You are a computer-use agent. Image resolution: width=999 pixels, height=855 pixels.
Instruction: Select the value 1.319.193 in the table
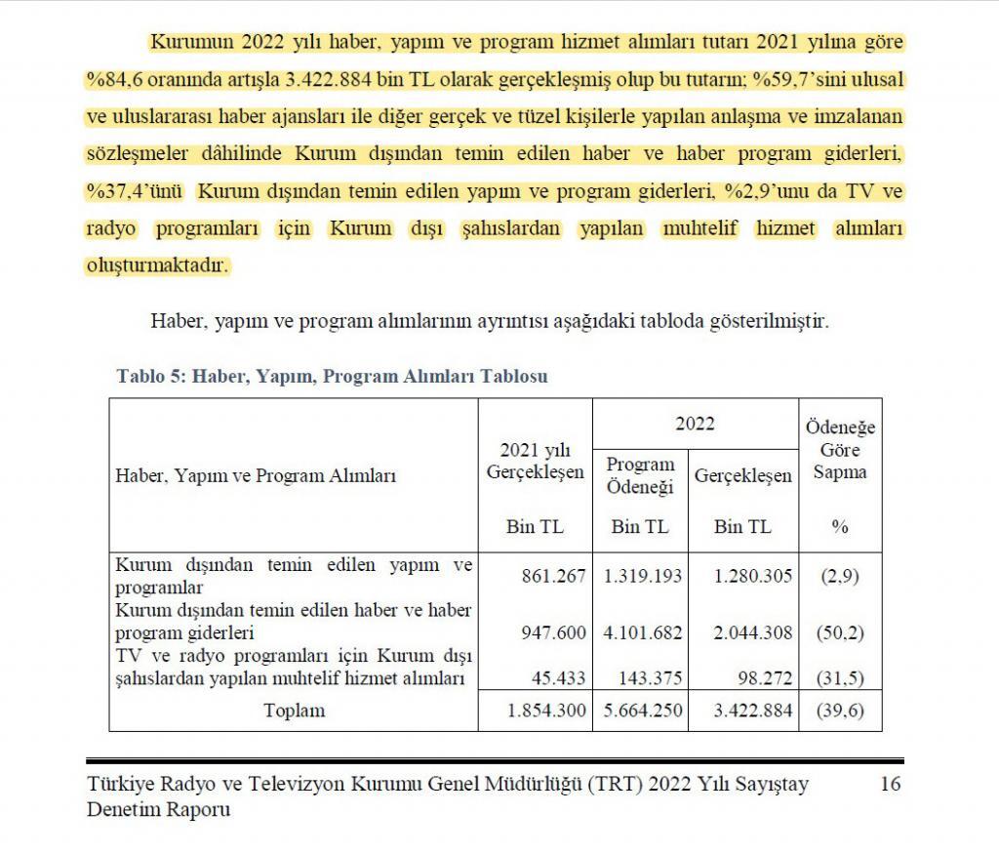(x=641, y=576)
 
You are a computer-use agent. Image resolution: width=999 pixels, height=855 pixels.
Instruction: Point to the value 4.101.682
(x=641, y=632)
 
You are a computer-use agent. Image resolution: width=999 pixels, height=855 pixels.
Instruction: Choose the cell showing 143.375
(x=650, y=677)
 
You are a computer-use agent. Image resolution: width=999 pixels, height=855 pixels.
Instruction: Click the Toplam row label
(x=294, y=711)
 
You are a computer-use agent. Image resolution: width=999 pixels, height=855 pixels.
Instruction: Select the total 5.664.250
(x=641, y=711)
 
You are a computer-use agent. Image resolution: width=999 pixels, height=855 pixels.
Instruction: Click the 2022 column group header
(x=694, y=424)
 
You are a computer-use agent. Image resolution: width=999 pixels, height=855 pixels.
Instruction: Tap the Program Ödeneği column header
(x=640, y=476)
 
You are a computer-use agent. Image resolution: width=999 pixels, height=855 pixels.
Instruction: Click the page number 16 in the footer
(x=890, y=784)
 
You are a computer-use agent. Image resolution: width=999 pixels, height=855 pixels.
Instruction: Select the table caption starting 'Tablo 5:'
(x=332, y=376)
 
